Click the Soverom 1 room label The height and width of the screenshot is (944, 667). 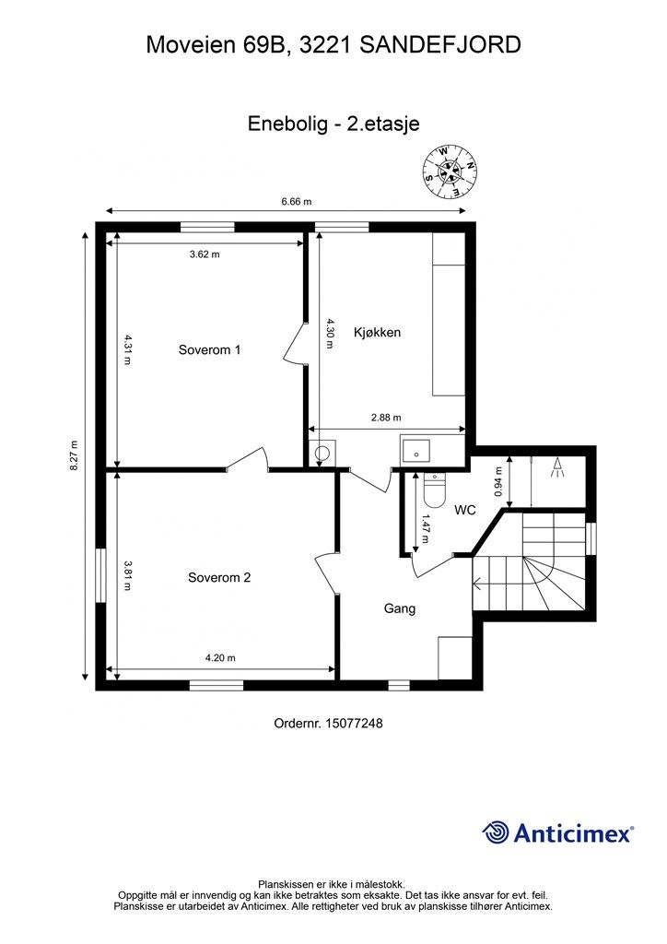pos(209,349)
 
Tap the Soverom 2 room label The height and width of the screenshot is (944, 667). pos(219,578)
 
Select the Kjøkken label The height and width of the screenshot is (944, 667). pos(377,332)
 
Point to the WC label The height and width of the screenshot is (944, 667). pos(465,511)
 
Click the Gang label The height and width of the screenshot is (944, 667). pos(400,608)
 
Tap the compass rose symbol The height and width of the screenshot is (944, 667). pos(451,171)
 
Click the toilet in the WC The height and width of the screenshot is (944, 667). pos(434,489)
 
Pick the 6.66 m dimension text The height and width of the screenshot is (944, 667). pos(297,202)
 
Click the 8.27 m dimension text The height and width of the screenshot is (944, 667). pos(75,455)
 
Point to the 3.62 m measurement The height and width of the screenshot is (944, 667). pos(205,254)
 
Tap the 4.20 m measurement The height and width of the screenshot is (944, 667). pos(220,658)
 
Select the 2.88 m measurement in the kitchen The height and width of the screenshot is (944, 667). pos(386,418)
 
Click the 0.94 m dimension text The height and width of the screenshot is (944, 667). pos(498,481)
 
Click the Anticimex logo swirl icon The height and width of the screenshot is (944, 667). pos(496,832)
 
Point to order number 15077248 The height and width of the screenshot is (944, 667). pos(328,723)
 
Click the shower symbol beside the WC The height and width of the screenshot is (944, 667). pos(557,467)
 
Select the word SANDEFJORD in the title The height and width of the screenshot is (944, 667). pos(440,44)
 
